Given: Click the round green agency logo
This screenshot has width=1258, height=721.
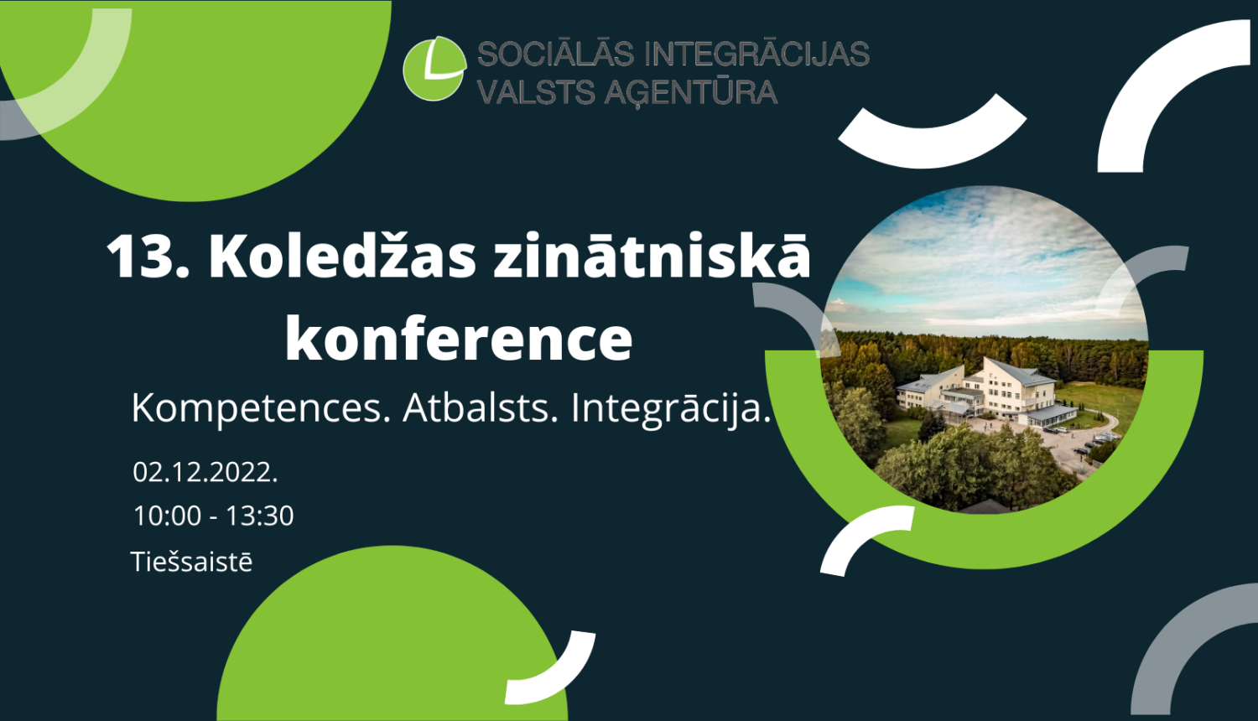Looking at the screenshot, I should tap(434, 68).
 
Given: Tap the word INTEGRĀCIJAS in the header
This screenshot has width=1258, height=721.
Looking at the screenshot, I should tap(756, 54).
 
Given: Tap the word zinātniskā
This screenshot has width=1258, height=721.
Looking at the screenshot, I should tap(652, 256).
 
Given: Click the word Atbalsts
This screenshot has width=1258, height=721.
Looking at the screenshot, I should tap(480, 408).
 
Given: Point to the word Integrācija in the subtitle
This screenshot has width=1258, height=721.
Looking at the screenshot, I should tap(670, 408).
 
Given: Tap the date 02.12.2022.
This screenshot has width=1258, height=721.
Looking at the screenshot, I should tap(205, 472).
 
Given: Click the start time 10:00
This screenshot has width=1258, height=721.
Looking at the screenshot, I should tap(167, 516).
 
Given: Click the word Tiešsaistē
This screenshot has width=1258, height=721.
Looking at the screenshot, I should tap(191, 562).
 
